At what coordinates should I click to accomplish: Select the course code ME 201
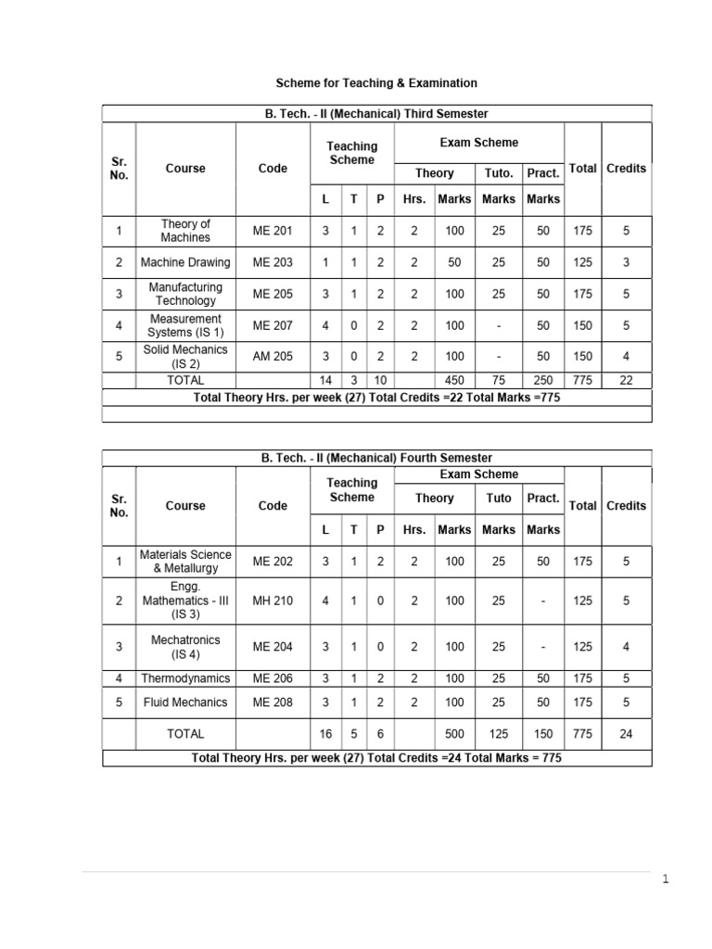point(273,231)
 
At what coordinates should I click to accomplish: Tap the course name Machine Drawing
point(185,262)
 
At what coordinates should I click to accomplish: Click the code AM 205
point(273,357)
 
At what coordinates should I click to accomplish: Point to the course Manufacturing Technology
point(185,294)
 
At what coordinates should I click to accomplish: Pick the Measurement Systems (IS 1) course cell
point(185,325)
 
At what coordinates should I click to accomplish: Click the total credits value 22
point(626,380)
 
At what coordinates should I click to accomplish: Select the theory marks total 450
point(454,380)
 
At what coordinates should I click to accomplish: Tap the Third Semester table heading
point(376,113)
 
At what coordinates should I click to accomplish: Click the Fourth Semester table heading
point(376,458)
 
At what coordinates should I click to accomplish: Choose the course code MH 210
point(273,601)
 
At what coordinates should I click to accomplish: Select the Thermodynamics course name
point(185,678)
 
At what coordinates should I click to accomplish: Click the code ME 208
point(273,702)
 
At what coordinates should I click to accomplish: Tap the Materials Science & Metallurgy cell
point(185,561)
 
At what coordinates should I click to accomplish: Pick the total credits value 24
point(626,733)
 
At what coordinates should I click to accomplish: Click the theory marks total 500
point(454,733)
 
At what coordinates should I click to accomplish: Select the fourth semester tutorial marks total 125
point(499,733)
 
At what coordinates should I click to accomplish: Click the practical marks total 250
point(542,380)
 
